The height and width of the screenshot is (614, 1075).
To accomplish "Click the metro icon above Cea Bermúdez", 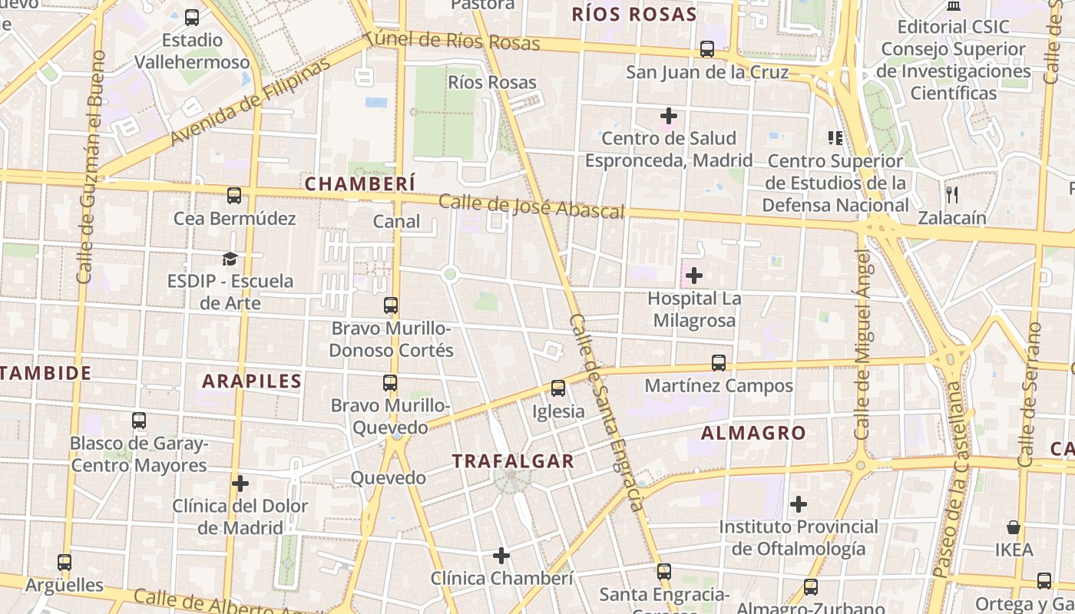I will (234, 196).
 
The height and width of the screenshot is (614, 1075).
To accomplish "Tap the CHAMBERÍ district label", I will (360, 184).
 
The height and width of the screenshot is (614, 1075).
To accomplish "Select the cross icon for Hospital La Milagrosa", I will (694, 276).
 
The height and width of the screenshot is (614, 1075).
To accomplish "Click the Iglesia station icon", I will (558, 388).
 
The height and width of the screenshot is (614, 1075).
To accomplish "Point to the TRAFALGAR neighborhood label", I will (513, 461).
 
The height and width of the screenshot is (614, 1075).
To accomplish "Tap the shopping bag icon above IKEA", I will (1014, 527).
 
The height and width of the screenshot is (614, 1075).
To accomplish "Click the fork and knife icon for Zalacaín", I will (952, 195).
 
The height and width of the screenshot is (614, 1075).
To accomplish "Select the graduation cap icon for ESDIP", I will (230, 259).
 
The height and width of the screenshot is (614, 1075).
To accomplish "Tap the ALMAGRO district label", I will (753, 433).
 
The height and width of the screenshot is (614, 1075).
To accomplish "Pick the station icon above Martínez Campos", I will (719, 363).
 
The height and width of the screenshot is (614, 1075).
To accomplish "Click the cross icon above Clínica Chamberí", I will (501, 556).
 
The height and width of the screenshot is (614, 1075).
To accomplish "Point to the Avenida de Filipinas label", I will (250, 101).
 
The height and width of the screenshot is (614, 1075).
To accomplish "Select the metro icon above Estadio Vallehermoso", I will (192, 17).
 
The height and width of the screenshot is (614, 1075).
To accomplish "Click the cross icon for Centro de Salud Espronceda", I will (669, 116).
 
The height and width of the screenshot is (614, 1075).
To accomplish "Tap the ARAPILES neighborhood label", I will (252, 381).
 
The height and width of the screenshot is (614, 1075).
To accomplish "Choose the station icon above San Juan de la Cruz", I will (707, 49).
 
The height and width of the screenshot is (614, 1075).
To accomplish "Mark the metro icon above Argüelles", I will (64, 563).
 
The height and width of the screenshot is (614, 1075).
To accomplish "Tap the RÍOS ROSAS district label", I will (634, 15).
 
